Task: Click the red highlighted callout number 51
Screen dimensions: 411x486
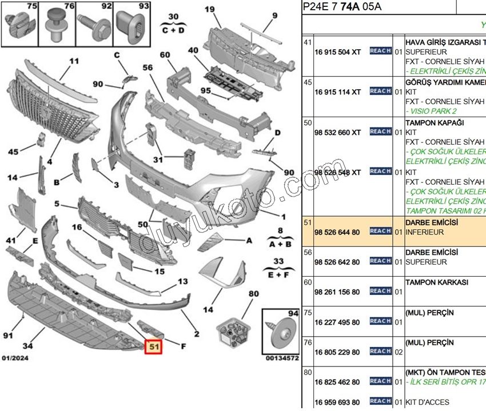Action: click(153, 346)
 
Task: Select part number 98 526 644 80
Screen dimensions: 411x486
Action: click(337, 233)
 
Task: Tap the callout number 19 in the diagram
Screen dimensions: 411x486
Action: click(210, 9)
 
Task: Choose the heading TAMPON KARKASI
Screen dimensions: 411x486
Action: click(436, 282)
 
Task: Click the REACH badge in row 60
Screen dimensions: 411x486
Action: click(380, 291)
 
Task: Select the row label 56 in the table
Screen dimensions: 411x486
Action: click(308, 252)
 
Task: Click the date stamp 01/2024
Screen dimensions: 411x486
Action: click(15, 358)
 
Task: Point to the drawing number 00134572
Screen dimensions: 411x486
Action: click(282, 358)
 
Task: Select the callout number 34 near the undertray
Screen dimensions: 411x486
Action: click(27, 346)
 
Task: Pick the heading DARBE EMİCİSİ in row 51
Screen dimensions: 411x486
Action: click(432, 223)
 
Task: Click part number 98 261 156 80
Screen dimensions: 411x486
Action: click(337, 293)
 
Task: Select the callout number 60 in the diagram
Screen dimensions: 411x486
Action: click(165, 55)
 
